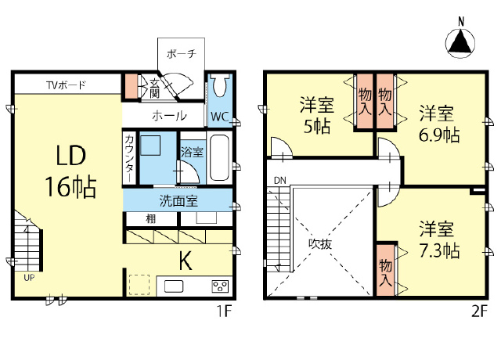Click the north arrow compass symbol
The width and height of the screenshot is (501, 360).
click(460, 43)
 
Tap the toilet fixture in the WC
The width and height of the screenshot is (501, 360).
click(219, 85)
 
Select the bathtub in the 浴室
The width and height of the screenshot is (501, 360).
click(219, 158)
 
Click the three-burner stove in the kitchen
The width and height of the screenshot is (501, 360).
click(220, 286)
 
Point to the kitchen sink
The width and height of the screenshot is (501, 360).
click(174, 286)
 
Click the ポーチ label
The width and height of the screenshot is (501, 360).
click(181, 54)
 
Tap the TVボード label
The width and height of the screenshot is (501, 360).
click(66, 85)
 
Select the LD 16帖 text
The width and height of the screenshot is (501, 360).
click(70, 171)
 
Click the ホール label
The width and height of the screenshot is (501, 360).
click(169, 116)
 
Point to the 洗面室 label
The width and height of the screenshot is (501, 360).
click(178, 200)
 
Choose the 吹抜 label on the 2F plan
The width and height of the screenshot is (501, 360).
click(320, 244)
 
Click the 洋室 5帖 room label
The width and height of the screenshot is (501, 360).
click(316, 116)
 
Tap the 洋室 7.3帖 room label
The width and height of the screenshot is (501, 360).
click(439, 239)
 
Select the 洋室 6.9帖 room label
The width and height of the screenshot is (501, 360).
click(439, 124)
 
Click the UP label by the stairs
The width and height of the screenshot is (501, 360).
click(29, 278)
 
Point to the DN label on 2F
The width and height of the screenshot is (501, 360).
click(280, 181)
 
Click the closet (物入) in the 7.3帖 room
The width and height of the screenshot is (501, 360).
click(385, 270)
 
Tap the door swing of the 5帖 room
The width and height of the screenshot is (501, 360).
click(282, 148)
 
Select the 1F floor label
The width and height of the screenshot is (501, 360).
click(224, 311)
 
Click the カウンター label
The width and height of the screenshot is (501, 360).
click(129, 158)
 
